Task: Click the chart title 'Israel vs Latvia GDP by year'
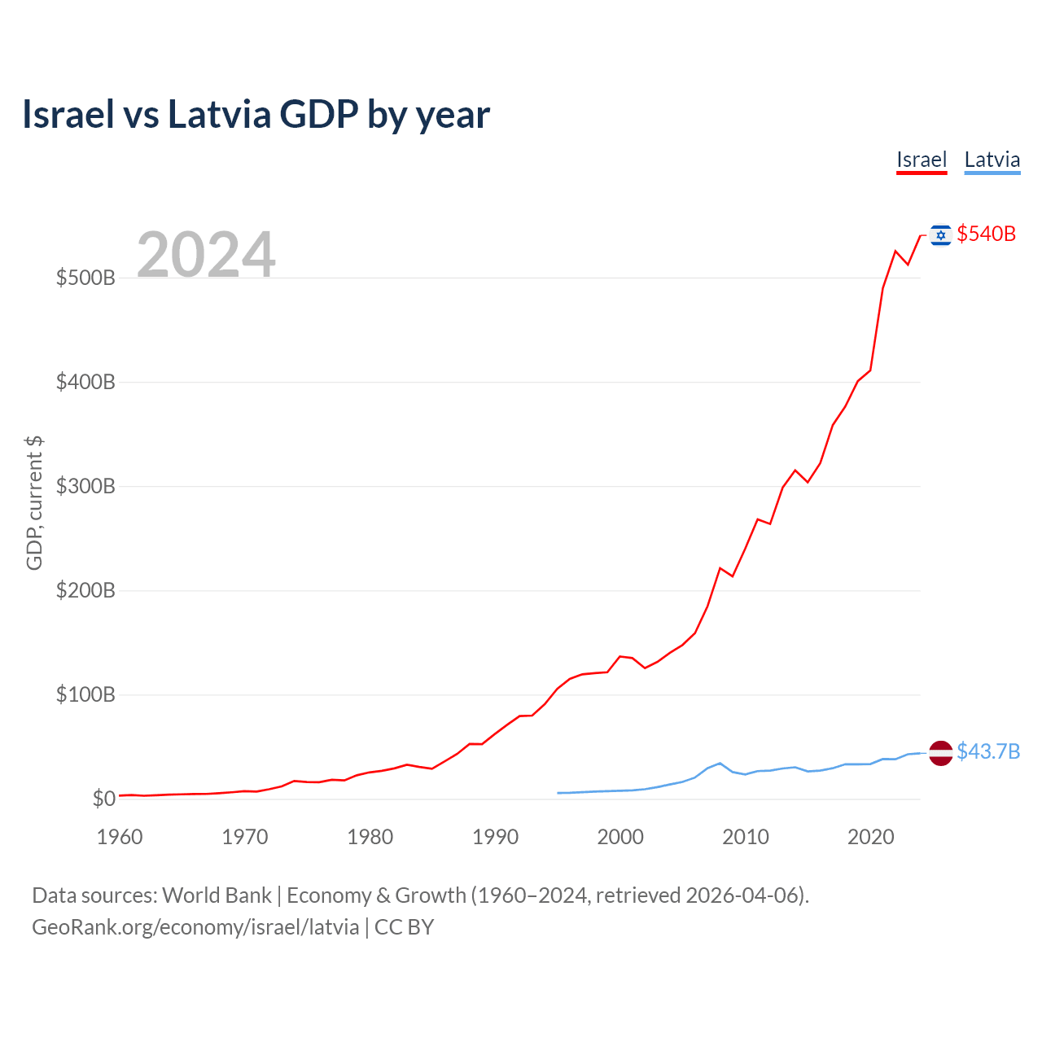point(256,115)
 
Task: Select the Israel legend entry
point(922,160)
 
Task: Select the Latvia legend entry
point(992,160)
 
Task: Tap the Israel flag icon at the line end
point(941,234)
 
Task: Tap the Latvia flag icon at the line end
point(941,753)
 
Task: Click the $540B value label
point(986,234)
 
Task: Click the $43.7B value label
point(988,751)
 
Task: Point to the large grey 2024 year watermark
point(206,255)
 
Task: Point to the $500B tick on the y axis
point(85,278)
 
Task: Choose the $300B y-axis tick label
point(85,486)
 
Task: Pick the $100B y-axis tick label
point(85,694)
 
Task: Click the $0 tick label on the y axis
point(103,799)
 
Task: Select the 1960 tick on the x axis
point(120,837)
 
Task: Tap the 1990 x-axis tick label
point(495,837)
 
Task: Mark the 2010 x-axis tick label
point(746,837)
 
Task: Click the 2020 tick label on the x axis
point(870,837)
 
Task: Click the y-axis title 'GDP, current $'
point(34,502)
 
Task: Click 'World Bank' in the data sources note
point(217,895)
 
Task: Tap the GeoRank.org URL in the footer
point(195,927)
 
